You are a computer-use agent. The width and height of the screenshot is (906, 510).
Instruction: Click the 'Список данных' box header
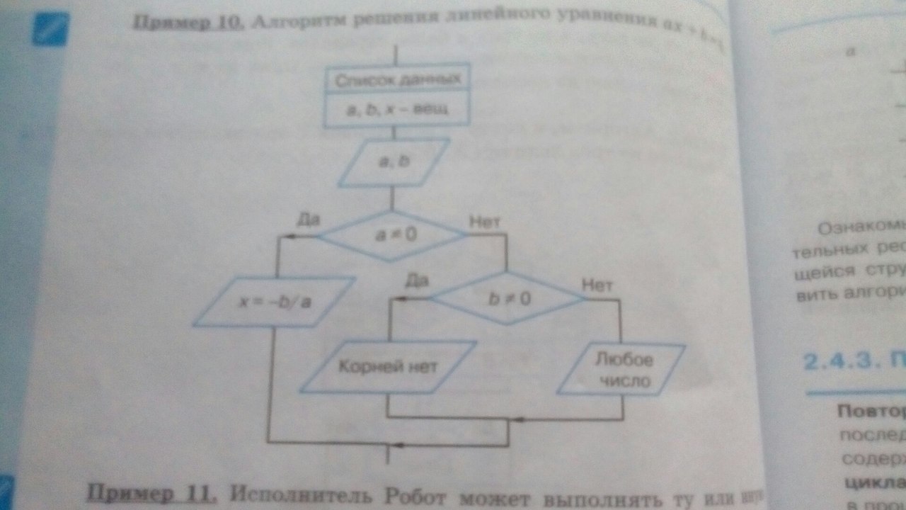pos(397,79)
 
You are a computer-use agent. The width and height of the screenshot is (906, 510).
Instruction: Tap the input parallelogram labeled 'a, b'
pos(394,162)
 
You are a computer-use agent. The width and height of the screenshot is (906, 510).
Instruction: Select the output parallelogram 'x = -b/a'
pos(273,301)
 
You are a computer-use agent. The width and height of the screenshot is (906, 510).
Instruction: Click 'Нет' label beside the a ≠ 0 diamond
pos(485,221)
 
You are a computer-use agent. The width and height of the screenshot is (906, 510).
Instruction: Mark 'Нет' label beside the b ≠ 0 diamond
pos(596,284)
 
